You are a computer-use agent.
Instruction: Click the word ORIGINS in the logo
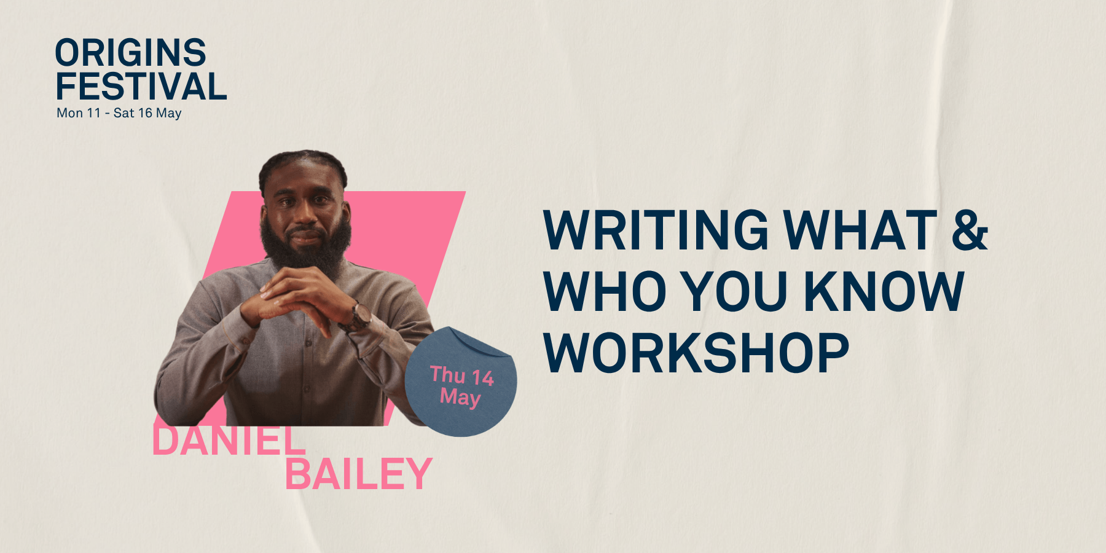point(131,53)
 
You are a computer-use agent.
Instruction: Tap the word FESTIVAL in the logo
point(141,86)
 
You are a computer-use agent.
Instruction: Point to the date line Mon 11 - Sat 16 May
point(119,113)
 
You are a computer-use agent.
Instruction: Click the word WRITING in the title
point(656,230)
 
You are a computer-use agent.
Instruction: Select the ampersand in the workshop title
point(970,230)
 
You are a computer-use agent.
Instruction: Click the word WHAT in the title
point(860,230)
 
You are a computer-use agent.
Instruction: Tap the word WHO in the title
point(605,291)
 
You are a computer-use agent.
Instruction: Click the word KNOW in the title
point(884,291)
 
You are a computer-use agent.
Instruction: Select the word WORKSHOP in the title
point(696,353)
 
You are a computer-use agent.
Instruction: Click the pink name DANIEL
point(229,440)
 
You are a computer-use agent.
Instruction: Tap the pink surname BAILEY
point(359,474)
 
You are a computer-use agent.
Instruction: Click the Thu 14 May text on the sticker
point(461,386)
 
